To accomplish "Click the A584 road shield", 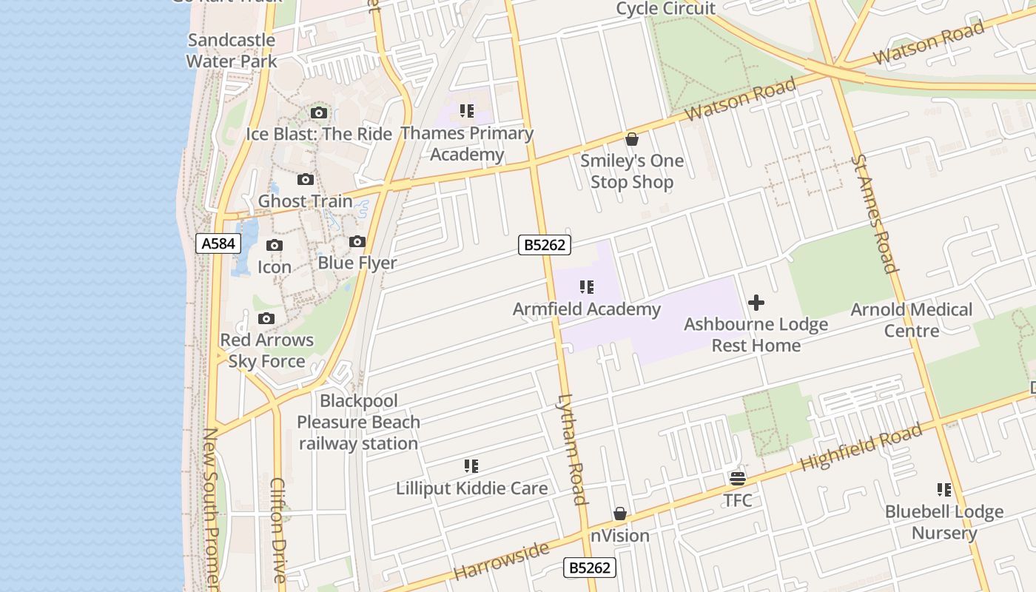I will point(218,243).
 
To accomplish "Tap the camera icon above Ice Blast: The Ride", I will point(319,112).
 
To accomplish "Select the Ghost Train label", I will point(305,201).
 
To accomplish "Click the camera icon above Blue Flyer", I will point(357,241).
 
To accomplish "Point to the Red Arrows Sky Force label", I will point(266,351).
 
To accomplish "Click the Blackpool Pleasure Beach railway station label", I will point(358,423).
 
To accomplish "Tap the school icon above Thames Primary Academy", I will point(467,111).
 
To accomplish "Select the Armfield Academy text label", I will point(586,309).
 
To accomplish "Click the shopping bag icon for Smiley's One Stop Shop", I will point(632,139).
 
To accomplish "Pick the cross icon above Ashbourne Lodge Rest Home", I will point(756,302).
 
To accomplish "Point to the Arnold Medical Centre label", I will point(911,320).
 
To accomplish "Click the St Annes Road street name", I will point(874,214).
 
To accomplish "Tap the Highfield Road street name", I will point(861,448).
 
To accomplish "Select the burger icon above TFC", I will point(738,478).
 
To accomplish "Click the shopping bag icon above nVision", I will point(620,514).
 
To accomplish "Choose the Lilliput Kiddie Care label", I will point(471,488).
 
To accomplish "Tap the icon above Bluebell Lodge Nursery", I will point(944,489).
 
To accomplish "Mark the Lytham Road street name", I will point(571,449).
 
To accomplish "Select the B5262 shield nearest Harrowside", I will point(589,568).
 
